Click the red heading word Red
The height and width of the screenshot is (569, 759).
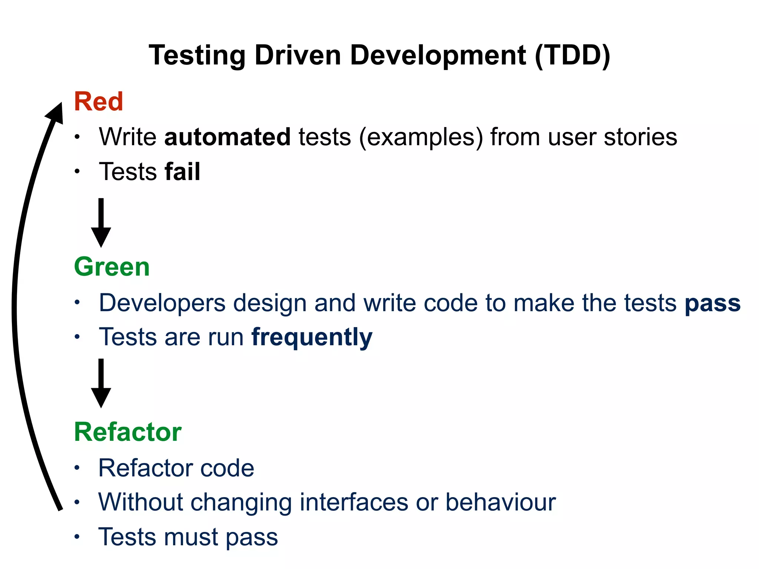coord(98,102)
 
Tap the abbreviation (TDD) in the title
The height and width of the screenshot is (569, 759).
coord(572,56)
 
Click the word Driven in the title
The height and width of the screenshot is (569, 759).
coord(298,56)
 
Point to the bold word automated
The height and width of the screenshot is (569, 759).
coord(227,137)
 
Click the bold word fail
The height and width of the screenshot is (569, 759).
coord(182,172)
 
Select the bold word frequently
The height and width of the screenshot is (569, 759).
coord(312,338)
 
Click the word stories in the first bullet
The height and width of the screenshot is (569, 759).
coord(640,137)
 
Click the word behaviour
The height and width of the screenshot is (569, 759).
coord(500,503)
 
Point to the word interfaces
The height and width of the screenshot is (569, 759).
coord(354,503)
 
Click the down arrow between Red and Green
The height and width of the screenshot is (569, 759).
coord(101,224)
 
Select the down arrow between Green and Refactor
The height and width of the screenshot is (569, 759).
coord(101,384)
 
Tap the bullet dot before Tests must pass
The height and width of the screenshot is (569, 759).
coord(77,537)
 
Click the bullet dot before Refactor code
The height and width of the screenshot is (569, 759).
coord(77,468)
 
